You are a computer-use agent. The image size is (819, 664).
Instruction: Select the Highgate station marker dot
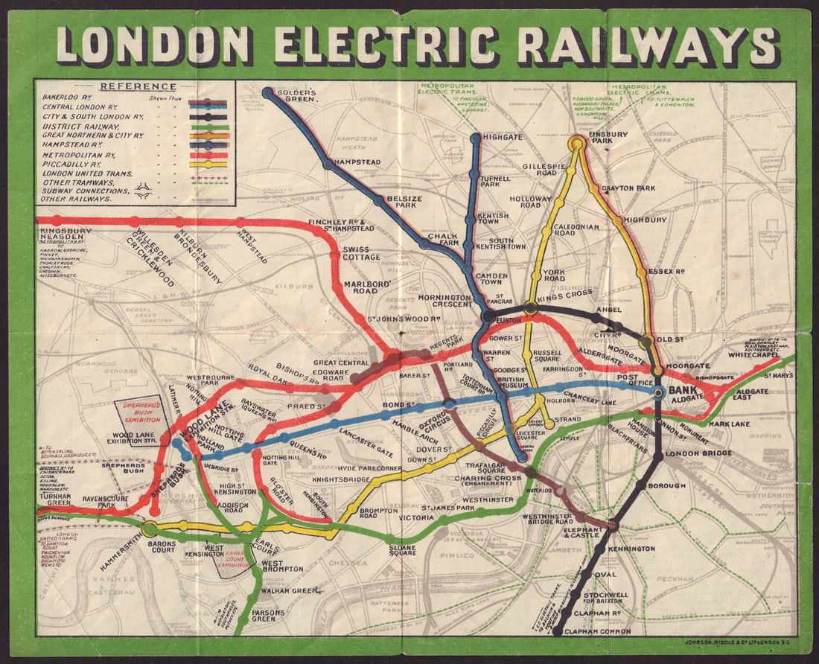[x=476, y=138]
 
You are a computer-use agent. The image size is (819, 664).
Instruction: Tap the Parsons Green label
[x=268, y=615]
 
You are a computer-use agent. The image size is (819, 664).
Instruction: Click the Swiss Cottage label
[x=360, y=253]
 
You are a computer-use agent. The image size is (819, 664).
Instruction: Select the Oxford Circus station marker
[x=449, y=403]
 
